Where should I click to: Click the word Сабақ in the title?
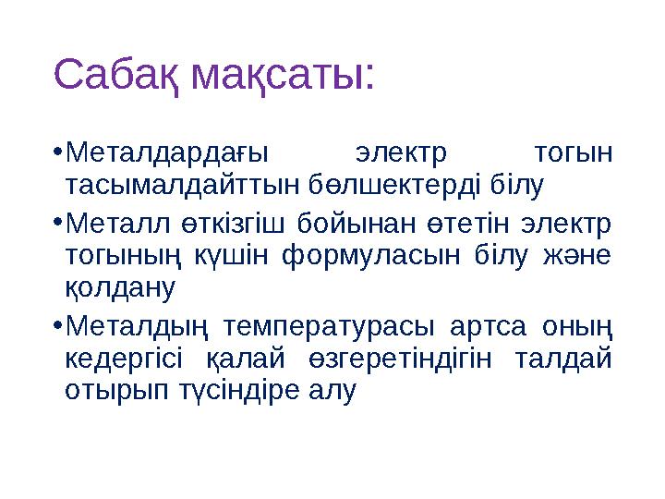pos(118,74)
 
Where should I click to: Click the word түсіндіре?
pos(246,391)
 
